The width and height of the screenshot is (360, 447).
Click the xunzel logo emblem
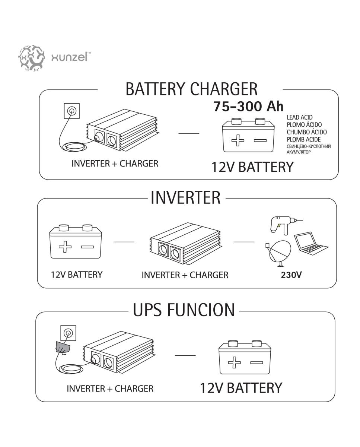(x=31, y=57)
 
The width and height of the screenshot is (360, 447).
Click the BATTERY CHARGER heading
(x=191, y=89)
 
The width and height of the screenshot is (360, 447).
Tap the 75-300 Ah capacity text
(x=248, y=107)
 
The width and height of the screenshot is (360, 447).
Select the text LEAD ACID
(x=300, y=117)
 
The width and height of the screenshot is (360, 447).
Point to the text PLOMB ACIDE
(x=304, y=139)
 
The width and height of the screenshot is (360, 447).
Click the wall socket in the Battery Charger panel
(x=71, y=111)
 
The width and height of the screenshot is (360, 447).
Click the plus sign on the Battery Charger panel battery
(x=238, y=140)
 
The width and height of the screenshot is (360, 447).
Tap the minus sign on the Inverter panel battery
(x=87, y=247)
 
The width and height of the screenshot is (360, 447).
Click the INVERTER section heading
(x=185, y=197)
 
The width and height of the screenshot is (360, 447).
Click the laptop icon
(x=311, y=243)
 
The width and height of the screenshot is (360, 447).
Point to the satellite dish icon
(x=278, y=253)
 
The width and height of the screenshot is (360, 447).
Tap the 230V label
(x=291, y=275)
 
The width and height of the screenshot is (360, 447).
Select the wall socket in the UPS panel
(x=68, y=333)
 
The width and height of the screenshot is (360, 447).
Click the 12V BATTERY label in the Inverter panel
(x=77, y=275)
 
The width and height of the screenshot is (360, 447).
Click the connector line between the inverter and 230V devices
(x=244, y=242)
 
